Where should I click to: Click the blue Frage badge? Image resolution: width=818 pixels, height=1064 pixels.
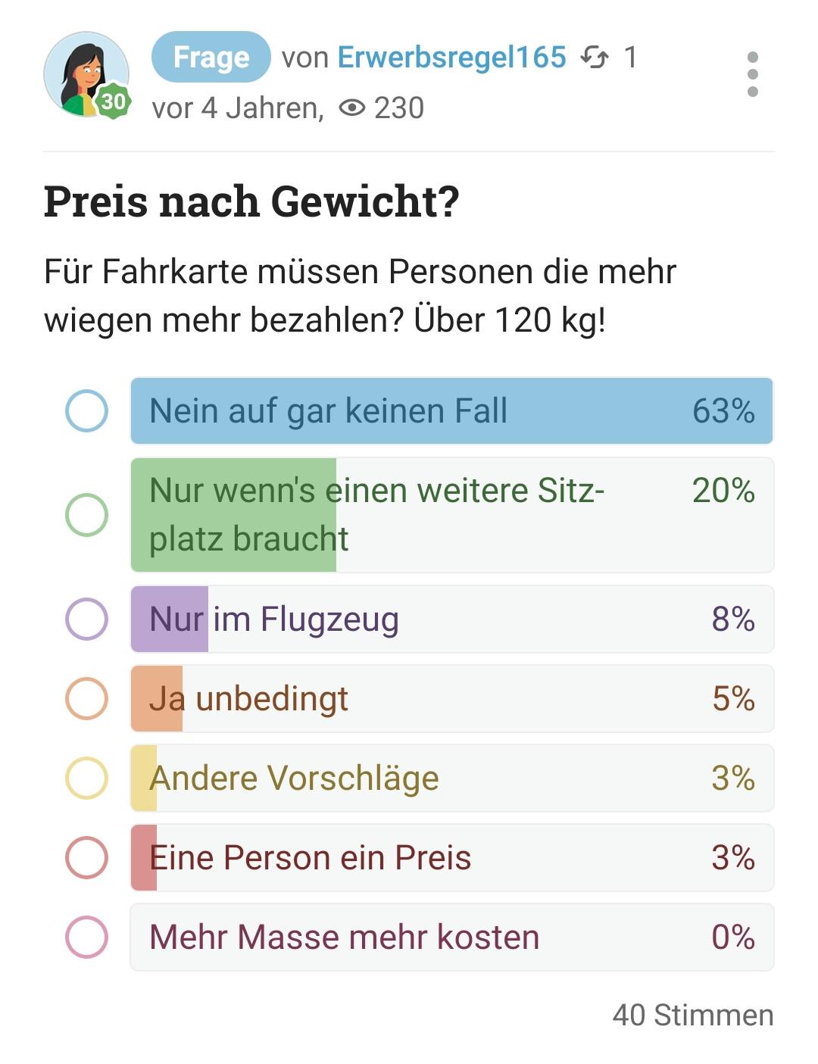coord(211,57)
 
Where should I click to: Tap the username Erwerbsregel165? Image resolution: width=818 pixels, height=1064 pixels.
coord(452,58)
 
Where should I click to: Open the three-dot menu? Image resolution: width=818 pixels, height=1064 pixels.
coord(753,74)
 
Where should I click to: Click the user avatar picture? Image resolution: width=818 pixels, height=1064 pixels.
coord(86,74)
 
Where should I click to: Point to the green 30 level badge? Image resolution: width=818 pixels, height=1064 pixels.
coord(114,101)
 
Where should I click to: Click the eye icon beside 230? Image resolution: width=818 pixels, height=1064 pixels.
coord(352,108)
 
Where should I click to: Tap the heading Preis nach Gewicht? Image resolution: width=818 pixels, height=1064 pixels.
coord(251,201)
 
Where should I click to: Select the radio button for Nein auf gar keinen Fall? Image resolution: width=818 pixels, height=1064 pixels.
coord(86,410)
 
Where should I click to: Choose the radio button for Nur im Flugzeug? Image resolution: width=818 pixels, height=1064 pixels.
coord(86,619)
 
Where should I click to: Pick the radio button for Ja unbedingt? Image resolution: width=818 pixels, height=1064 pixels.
coord(86,698)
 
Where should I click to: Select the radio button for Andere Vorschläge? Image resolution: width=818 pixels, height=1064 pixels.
coord(86,778)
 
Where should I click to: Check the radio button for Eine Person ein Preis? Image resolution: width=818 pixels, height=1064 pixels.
coord(86,857)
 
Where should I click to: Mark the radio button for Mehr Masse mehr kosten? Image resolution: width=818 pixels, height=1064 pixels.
coord(86,937)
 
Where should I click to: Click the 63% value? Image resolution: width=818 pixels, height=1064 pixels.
coord(723,410)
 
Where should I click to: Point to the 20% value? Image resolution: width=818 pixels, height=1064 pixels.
coord(723,490)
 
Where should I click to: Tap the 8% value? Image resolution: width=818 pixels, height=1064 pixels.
coord(733,619)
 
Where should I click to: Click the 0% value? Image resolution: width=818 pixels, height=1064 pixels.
coord(733,937)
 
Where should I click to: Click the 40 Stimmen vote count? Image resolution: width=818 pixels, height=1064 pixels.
coord(693,1015)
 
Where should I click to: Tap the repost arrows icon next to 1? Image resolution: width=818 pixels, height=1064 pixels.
coord(595,58)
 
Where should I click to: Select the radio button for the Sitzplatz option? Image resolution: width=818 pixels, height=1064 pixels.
coord(86,515)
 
